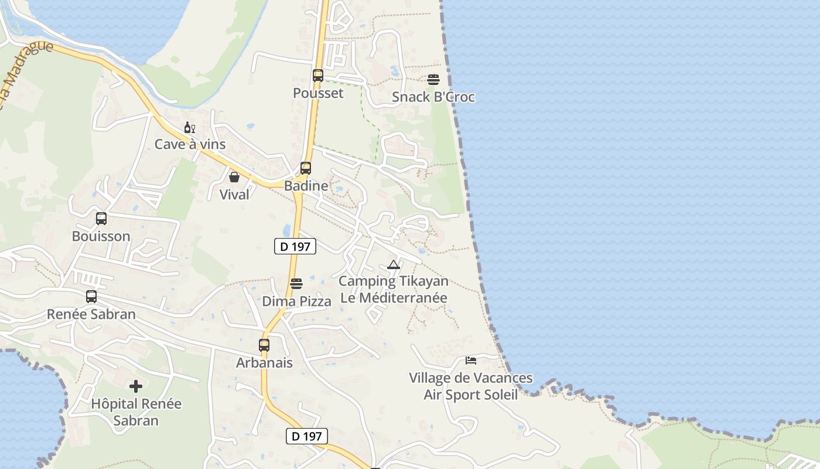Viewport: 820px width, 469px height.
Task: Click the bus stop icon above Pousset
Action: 318,76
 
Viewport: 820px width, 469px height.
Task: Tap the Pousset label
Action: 318,93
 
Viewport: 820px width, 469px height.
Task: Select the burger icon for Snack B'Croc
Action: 433,80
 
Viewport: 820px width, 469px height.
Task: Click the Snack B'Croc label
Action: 433,97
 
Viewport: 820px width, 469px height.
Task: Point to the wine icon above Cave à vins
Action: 190,127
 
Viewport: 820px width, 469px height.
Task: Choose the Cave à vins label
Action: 190,144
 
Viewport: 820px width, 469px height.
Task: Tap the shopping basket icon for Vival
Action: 234,177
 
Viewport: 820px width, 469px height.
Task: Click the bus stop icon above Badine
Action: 306,168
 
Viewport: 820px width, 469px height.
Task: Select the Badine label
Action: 306,186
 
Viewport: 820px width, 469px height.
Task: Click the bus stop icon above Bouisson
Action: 101,219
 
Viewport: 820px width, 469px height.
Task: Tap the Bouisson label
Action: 101,236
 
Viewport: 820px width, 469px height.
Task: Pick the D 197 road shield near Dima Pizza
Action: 295,247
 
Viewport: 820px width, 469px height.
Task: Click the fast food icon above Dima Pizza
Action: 296,284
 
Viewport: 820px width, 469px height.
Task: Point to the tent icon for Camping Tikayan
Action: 393,264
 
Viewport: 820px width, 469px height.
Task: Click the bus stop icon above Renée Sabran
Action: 91,297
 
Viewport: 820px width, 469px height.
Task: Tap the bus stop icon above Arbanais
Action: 264,345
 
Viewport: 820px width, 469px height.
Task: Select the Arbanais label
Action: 264,363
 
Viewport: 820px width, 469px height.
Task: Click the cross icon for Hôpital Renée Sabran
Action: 136,386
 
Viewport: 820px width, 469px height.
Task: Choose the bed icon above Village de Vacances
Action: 471,360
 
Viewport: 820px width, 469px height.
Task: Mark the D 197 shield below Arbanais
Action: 307,436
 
